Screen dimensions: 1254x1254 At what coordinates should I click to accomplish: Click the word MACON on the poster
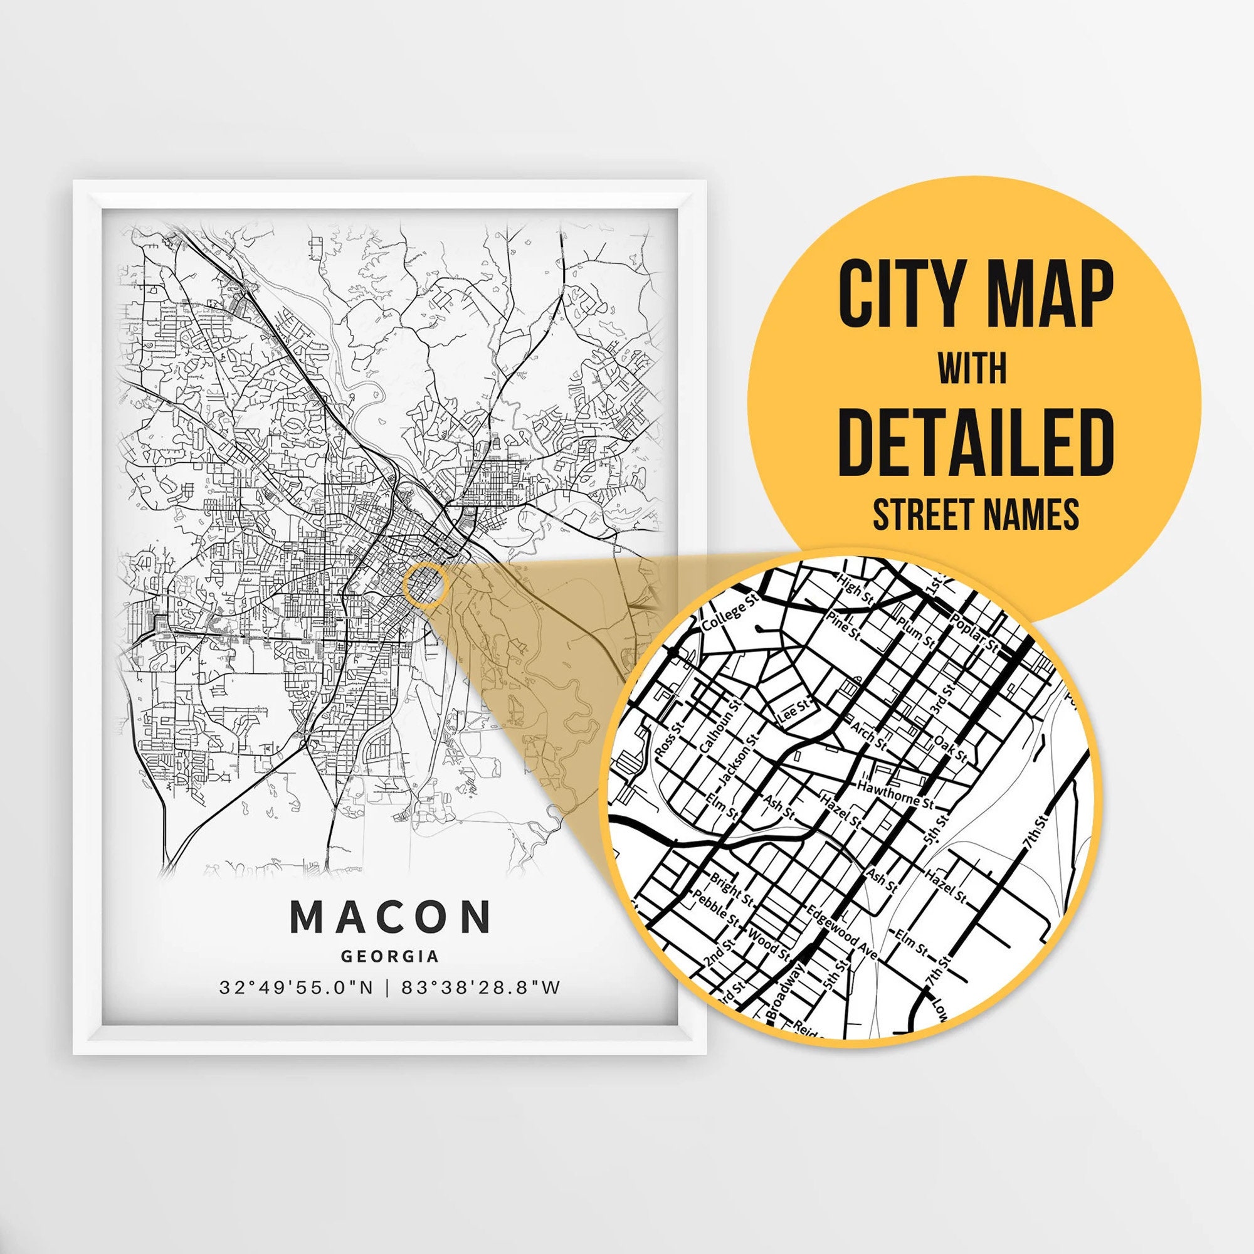(x=390, y=917)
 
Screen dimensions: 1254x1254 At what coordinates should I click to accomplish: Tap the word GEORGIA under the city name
(x=390, y=956)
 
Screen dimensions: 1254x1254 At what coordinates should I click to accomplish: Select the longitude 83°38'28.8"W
(x=481, y=988)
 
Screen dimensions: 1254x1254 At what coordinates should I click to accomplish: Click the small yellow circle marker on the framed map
(x=426, y=584)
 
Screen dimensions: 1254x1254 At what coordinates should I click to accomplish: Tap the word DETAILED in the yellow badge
(x=976, y=442)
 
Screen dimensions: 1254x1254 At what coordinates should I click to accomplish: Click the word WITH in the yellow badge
(x=972, y=369)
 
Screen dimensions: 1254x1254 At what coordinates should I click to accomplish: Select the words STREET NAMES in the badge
(x=976, y=514)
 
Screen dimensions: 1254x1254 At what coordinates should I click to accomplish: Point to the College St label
(x=731, y=613)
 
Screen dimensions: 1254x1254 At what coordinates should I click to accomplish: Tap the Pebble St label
(x=715, y=908)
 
